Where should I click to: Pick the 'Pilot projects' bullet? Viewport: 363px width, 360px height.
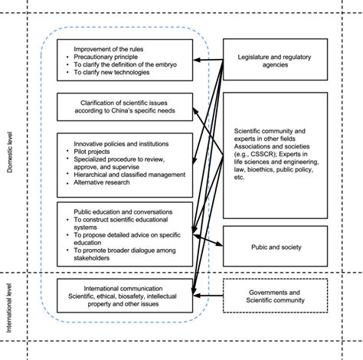coord(98,151)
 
